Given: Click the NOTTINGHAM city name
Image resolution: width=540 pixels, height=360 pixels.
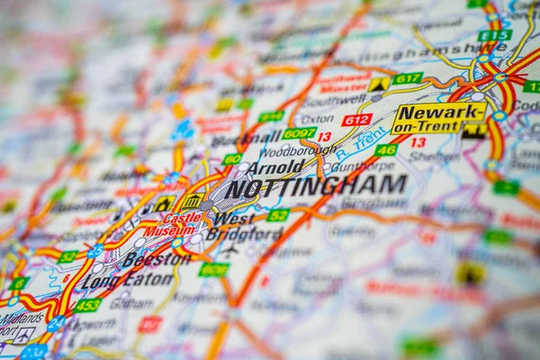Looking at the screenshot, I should [315, 186].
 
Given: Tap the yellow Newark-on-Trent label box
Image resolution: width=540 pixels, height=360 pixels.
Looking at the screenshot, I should [438, 118].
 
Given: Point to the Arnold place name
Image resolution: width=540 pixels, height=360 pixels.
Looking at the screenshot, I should [274, 168].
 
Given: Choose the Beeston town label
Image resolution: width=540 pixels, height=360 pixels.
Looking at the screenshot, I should [156, 259].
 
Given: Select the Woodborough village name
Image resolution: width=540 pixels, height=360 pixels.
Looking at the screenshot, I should [297, 150].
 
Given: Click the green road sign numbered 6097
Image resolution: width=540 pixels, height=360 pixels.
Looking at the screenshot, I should [299, 133].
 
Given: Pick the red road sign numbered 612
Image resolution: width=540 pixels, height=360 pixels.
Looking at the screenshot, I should [356, 120].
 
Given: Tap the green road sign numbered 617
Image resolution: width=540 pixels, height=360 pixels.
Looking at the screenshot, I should [408, 78].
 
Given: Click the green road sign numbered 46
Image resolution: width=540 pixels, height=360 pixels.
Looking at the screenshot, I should [386, 149].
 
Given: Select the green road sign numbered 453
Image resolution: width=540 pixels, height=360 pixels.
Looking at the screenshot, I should [87, 305].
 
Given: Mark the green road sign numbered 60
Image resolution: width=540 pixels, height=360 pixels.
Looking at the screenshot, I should [232, 159].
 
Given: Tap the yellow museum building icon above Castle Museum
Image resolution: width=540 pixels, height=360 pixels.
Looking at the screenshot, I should [192, 201].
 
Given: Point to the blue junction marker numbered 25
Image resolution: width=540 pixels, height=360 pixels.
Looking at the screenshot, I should [94, 252].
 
